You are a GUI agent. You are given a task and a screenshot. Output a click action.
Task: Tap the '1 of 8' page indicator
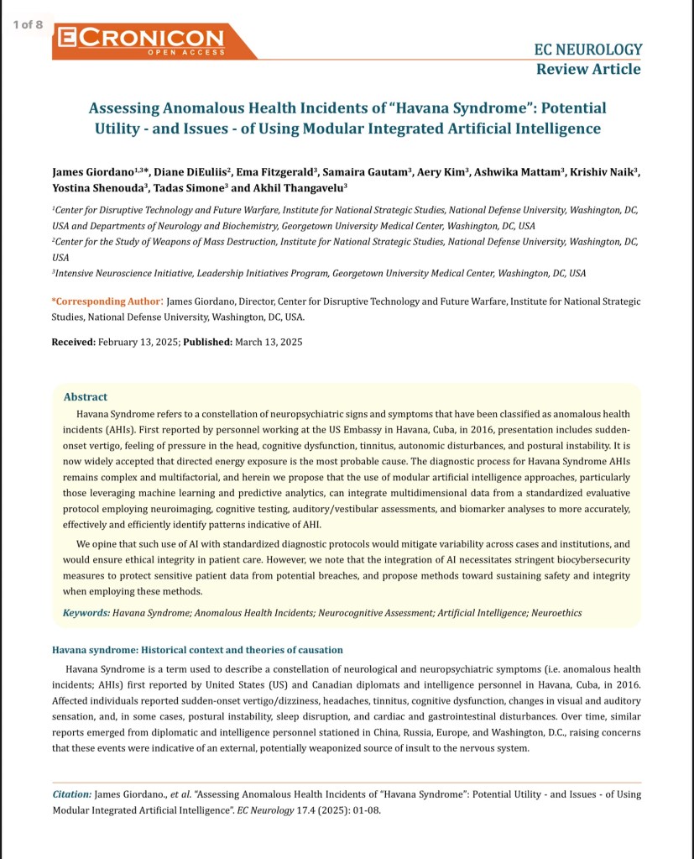28,24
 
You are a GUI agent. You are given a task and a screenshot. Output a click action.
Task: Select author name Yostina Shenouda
91,187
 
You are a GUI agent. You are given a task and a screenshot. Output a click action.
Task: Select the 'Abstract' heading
85,396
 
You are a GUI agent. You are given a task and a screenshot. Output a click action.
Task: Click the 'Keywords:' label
86,613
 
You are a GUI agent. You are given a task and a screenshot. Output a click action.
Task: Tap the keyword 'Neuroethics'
553,613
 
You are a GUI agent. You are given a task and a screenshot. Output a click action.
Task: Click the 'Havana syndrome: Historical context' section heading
197,651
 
